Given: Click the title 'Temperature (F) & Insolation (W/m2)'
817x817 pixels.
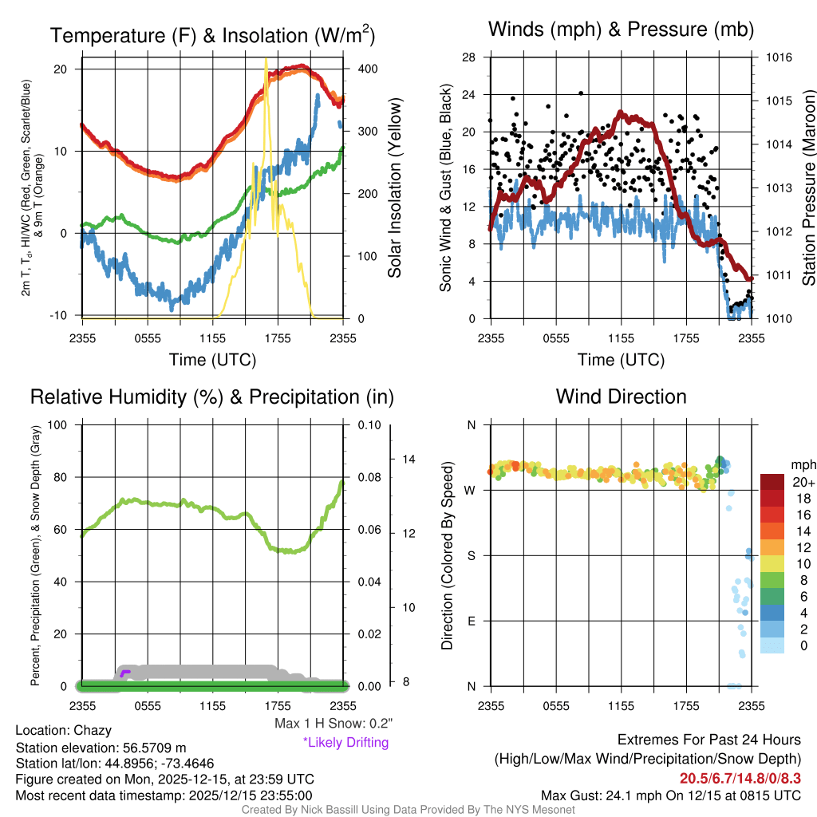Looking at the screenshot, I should point(212,35).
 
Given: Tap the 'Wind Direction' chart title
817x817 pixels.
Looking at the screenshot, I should point(621,396).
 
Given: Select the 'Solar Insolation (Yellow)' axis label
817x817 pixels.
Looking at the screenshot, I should point(395,187).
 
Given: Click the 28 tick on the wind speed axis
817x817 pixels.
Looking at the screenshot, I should point(469,57).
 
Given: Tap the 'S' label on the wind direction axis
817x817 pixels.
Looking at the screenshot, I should point(472,555).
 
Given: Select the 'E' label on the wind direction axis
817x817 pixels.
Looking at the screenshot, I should point(472,621).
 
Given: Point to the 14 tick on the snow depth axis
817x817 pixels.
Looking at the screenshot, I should point(409,459).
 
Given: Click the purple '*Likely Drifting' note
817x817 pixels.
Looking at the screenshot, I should point(345,742).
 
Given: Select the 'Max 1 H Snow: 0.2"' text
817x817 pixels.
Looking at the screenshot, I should point(333,724).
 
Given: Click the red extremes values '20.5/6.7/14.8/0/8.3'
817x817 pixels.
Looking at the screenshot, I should point(740,778).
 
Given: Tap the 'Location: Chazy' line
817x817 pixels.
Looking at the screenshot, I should point(63,730).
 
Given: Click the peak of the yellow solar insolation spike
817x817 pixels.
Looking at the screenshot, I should point(266,61).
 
